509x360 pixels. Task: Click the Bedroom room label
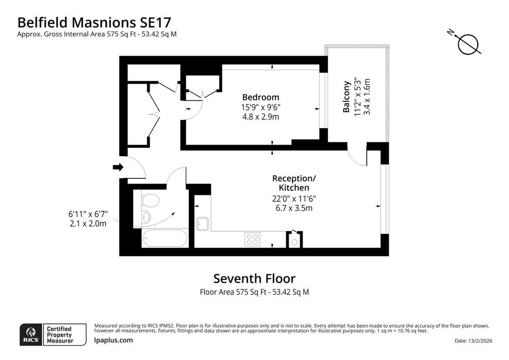260,97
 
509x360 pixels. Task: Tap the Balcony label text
346,97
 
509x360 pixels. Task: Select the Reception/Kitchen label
294,183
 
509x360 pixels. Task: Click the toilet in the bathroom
150,200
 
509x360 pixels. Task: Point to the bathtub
165,239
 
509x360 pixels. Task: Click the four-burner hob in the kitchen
252,240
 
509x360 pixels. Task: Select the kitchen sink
203,224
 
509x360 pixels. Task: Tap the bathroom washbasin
146,217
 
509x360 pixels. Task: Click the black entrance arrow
118,167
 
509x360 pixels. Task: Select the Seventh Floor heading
254,278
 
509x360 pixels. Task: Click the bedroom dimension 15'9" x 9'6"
260,107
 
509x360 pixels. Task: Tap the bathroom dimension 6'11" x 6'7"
87,214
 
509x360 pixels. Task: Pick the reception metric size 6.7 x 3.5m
294,208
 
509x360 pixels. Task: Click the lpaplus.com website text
113,340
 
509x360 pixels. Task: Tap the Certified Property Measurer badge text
60,335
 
